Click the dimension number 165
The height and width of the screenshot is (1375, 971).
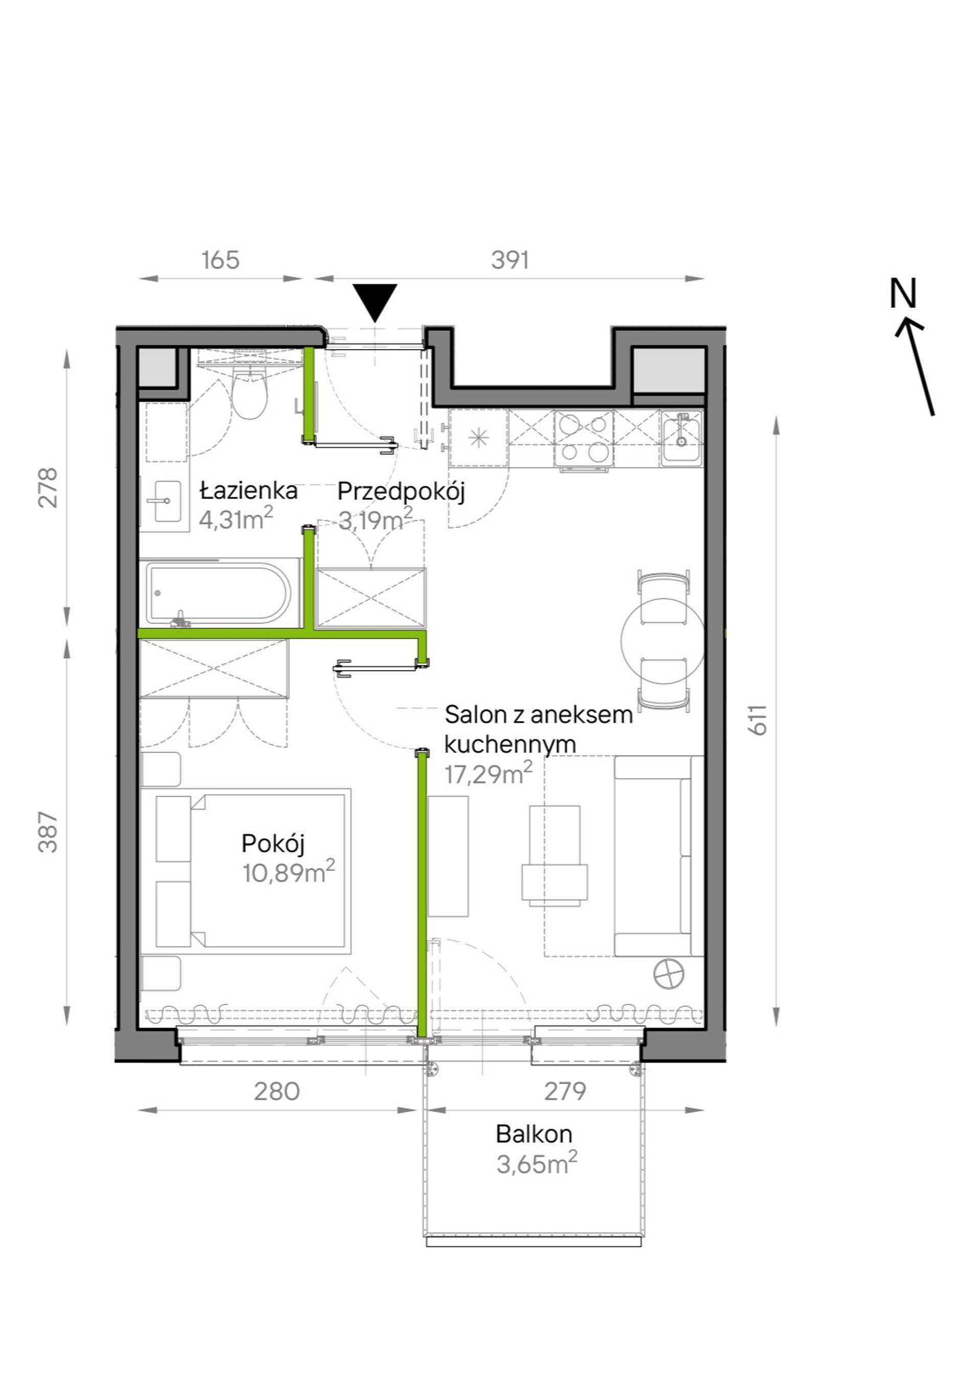220,260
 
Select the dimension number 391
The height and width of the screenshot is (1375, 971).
510,260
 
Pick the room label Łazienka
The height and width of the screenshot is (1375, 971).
248,490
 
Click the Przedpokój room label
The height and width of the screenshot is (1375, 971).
401,492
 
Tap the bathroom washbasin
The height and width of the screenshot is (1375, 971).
164,501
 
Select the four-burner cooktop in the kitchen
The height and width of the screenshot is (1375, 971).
583,439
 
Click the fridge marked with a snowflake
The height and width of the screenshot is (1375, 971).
478,438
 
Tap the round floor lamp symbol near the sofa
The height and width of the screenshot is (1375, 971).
668,974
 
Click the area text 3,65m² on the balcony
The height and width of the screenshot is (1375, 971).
537,1164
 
